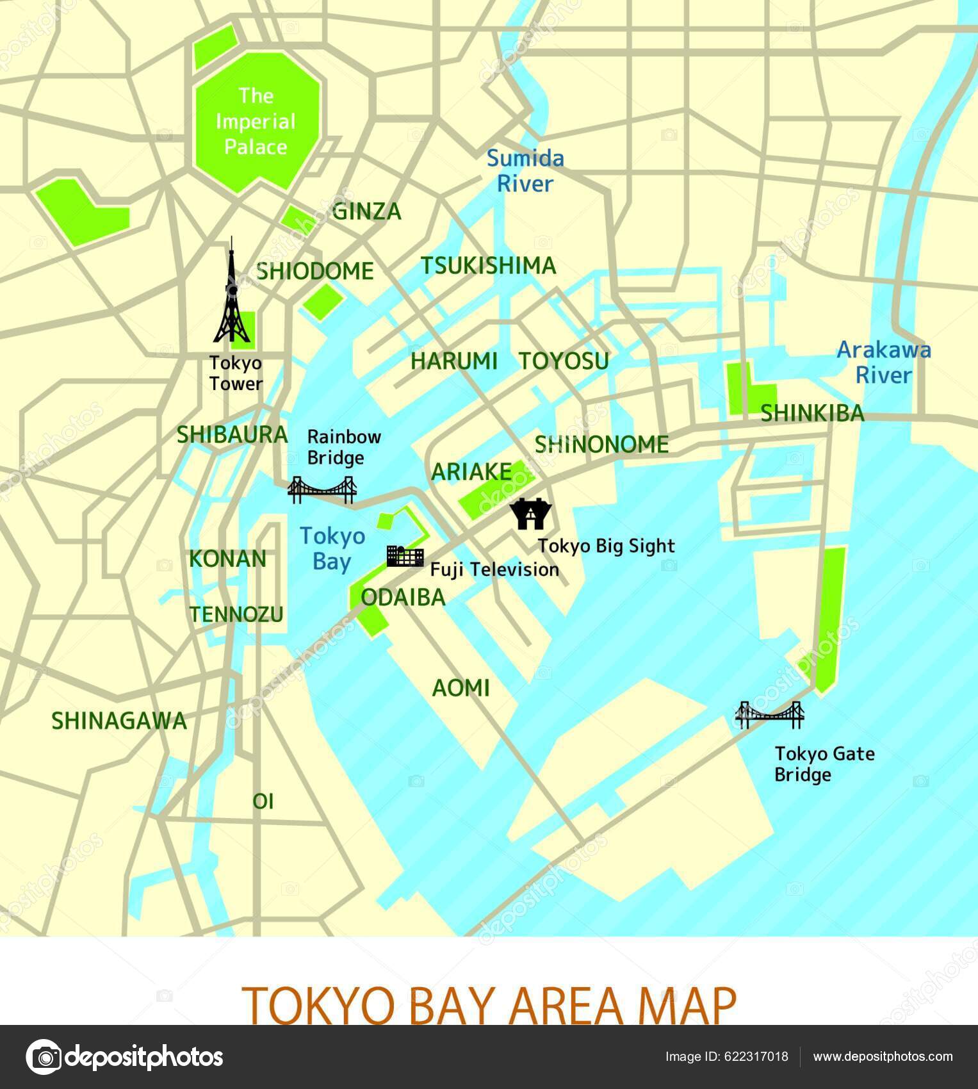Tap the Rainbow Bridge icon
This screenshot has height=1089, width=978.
coord(322,490)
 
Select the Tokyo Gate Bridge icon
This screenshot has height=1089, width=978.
coord(769,714)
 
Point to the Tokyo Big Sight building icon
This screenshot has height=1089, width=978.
coord(530,513)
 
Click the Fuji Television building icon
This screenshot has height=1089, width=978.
coord(405,556)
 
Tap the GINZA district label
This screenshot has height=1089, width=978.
coord(367,211)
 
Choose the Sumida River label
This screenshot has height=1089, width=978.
coord(525,171)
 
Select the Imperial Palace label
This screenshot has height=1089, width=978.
coord(256,122)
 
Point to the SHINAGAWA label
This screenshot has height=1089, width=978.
coord(119,721)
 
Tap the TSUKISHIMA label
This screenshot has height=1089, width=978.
coord(488,266)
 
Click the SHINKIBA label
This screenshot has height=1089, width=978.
coord(812,414)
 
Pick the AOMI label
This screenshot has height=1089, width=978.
coord(461,688)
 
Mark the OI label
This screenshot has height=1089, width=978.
coord(263,801)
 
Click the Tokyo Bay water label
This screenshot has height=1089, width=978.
coord(332,549)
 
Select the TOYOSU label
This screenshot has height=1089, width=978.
coord(564,361)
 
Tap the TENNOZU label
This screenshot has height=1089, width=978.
coord(236,614)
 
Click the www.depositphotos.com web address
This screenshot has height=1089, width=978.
coord(883,1056)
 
